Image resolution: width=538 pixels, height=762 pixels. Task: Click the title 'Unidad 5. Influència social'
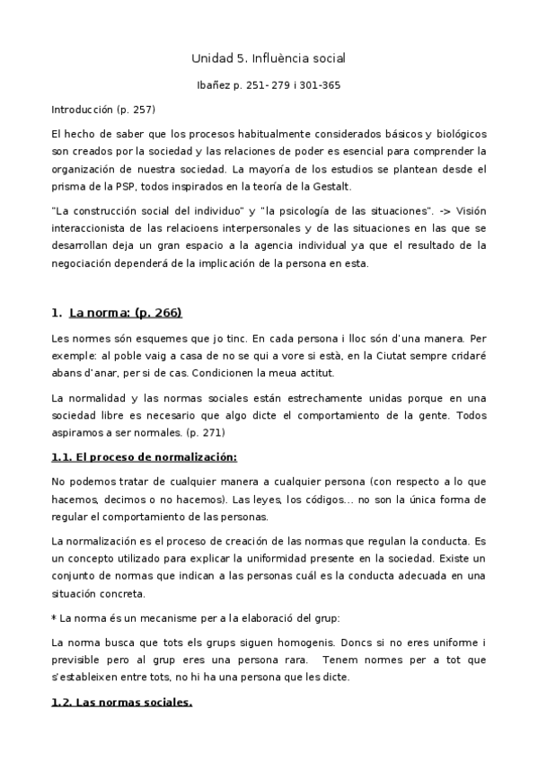tap(269, 58)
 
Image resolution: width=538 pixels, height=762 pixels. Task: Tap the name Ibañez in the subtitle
tap(214, 86)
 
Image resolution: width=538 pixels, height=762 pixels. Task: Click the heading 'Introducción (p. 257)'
tap(103, 110)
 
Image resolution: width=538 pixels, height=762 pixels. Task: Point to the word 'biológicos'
tap(461, 133)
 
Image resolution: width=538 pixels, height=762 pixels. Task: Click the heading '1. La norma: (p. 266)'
tap(117, 313)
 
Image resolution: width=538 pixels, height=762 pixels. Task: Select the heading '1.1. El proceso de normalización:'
tap(145, 456)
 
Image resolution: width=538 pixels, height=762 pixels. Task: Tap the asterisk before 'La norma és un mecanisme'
tap(54, 618)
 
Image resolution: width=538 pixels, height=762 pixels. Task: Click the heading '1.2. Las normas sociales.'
tap(121, 703)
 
